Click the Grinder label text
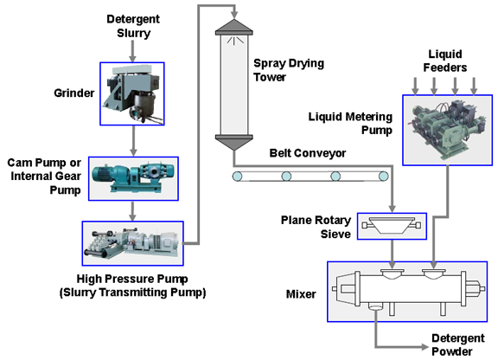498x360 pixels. coord(74,93)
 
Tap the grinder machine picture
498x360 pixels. coord(132,93)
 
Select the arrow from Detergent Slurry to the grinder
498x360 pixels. coord(133,51)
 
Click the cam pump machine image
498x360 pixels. coord(133,178)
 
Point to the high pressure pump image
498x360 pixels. coord(133,243)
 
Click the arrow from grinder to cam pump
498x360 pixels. coord(133,141)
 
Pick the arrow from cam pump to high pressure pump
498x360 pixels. coord(133,211)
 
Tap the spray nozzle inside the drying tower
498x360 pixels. coord(234,41)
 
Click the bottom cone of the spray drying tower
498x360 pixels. coord(234,143)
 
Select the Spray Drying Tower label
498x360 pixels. coord(289,70)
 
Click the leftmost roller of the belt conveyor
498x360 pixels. coord(237,177)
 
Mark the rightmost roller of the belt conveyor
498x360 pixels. coord(383,177)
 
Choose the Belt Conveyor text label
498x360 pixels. coord(308,153)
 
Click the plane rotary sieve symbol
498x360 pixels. coord(392,226)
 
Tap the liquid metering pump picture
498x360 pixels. coord(448,130)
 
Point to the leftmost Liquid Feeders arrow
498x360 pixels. coord(415,86)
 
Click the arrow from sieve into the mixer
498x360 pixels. coord(393,254)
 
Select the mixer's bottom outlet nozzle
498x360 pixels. coord(376,307)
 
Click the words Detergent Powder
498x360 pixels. coord(458,344)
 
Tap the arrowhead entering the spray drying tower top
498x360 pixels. coord(234,15)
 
